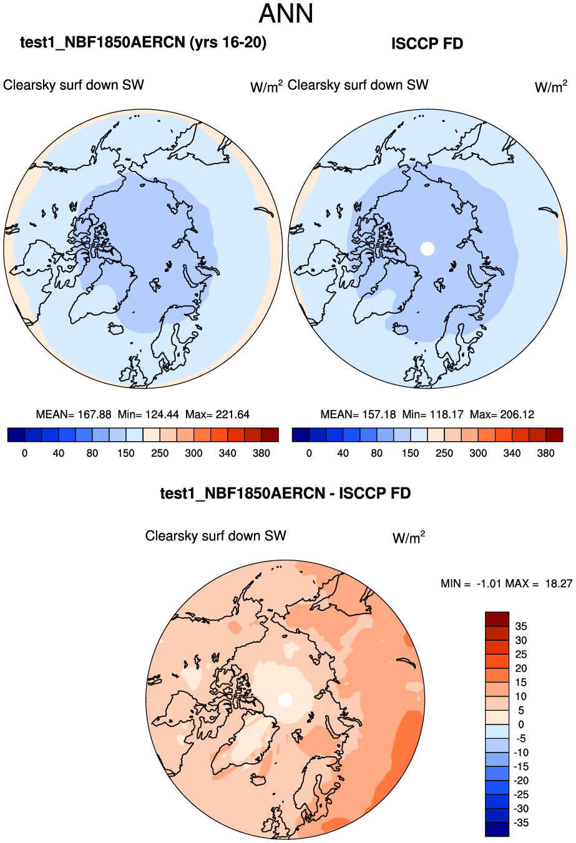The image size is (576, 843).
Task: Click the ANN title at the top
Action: [286, 14]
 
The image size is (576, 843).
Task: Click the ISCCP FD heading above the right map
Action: [427, 44]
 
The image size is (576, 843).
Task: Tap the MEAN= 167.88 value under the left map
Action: [74, 414]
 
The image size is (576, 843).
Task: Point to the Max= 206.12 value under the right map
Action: [502, 414]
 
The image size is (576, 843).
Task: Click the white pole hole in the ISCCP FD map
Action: [427, 248]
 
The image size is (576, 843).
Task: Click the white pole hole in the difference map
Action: [285, 699]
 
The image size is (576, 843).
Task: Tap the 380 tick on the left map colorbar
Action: [261, 453]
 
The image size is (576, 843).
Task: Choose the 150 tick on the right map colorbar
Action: [411, 453]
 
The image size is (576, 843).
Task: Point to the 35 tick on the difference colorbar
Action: [520, 626]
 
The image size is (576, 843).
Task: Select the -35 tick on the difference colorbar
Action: [520, 823]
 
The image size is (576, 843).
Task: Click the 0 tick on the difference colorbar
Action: [520, 724]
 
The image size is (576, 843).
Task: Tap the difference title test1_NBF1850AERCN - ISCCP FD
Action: [285, 494]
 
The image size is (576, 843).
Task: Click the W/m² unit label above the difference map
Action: [409, 537]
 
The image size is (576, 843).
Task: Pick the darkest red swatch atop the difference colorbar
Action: [497, 619]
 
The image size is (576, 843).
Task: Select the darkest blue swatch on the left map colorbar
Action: [16, 435]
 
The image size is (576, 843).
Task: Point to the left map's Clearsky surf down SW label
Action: [74, 85]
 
